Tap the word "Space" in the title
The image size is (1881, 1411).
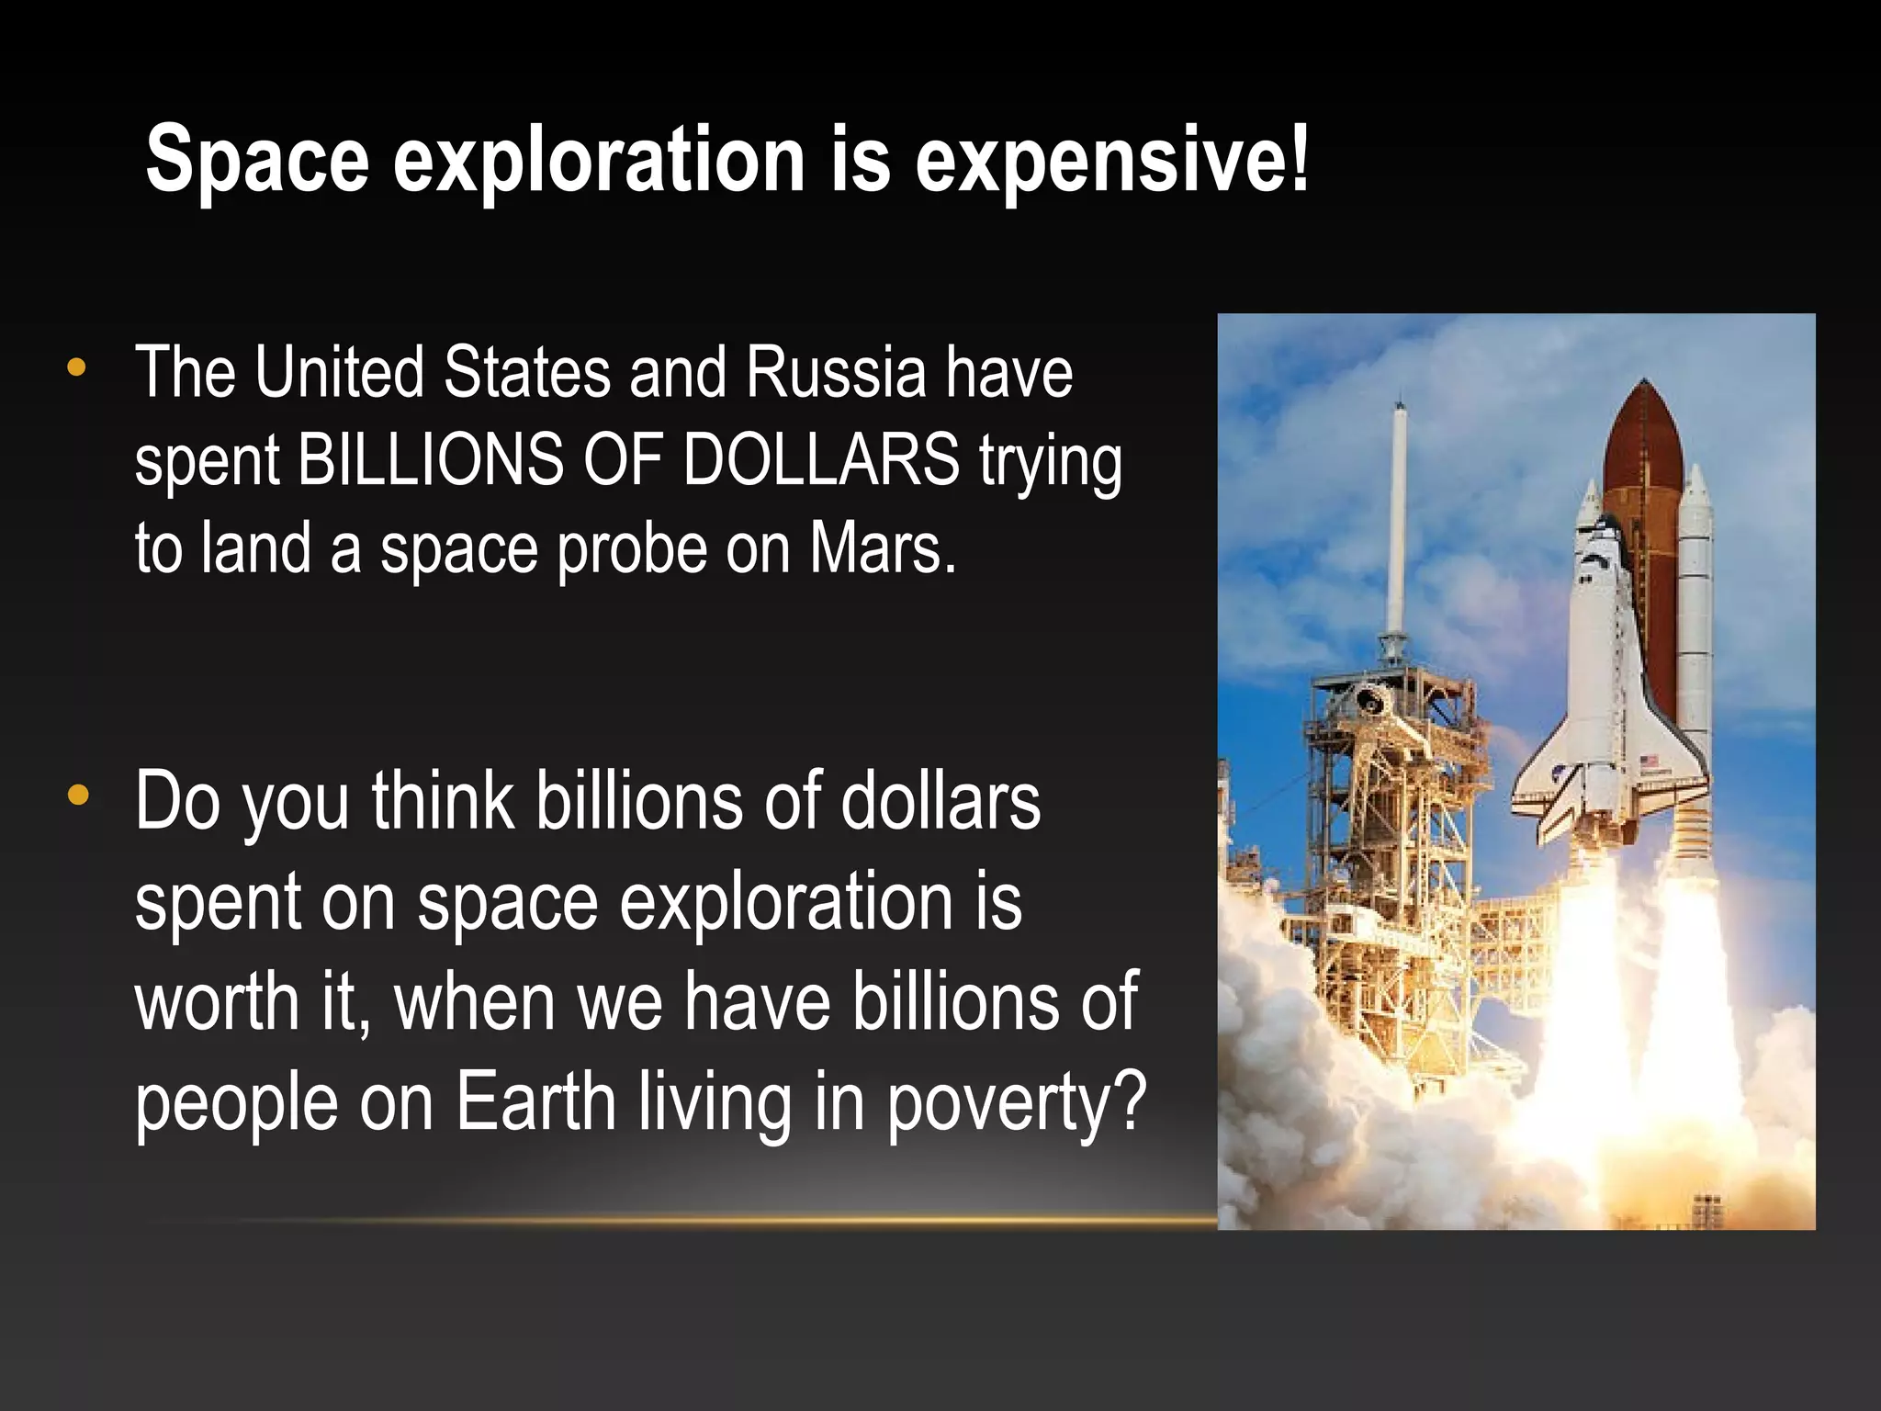coord(256,160)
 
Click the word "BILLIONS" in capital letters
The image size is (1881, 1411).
coord(432,459)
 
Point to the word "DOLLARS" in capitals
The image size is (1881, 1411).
coord(821,459)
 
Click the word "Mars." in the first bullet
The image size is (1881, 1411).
coord(883,548)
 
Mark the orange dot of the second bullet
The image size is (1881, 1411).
coord(78,796)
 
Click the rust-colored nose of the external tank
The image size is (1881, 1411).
coord(1643,432)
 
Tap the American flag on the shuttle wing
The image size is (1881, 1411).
coord(1650,762)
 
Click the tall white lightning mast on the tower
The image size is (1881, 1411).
coord(1398,514)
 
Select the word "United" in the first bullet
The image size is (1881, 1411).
coord(339,373)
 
